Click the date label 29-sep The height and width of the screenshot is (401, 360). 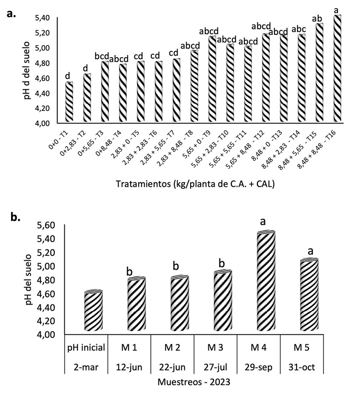pos(259,370)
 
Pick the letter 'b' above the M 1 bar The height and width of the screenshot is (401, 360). pos(129,271)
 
